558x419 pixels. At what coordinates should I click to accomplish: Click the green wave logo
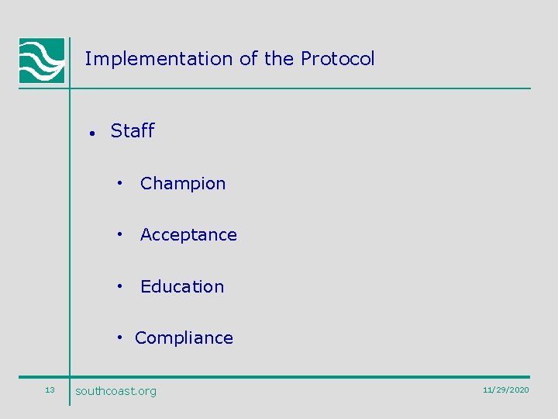42,61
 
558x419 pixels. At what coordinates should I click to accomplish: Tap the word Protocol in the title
337,59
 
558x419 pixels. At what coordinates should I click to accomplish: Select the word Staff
133,131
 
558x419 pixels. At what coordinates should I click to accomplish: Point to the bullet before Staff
91,133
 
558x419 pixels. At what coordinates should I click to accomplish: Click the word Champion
183,184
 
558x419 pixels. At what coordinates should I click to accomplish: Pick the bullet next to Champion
120,183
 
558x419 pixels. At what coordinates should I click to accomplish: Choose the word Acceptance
188,235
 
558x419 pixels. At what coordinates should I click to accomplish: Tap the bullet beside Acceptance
120,234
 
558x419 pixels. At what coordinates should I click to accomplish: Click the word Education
182,287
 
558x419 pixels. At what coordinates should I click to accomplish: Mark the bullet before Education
120,286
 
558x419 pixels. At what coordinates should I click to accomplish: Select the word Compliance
184,338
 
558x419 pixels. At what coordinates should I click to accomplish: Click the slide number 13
50,390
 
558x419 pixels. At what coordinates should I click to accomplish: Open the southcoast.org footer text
115,391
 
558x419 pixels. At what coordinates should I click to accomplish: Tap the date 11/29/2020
505,390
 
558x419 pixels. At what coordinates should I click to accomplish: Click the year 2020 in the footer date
518,390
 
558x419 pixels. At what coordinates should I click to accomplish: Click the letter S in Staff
116,131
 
